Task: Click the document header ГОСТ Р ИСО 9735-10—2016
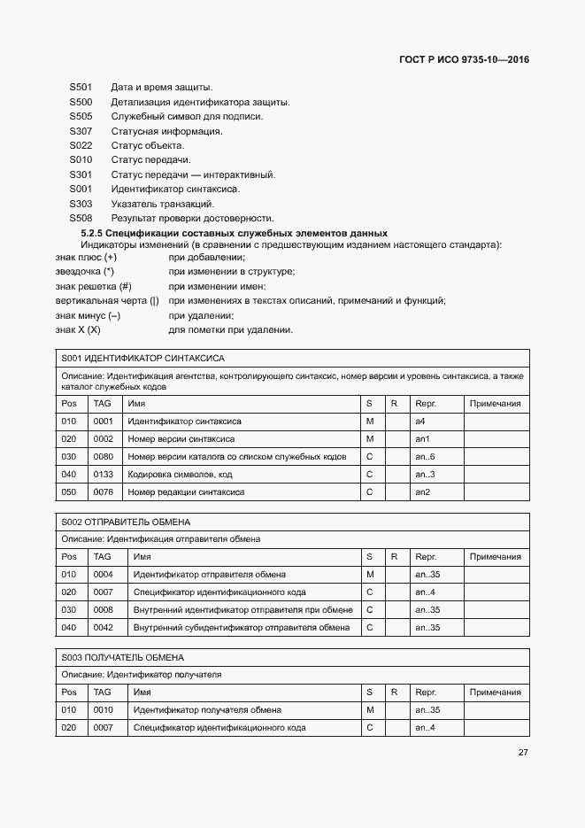click(x=465, y=61)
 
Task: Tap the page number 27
click(x=523, y=753)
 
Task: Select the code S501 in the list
click(x=81, y=88)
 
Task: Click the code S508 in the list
click(x=81, y=218)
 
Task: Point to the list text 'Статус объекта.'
click(x=147, y=145)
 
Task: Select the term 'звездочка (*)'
click(x=85, y=272)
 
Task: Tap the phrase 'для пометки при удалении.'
click(x=230, y=329)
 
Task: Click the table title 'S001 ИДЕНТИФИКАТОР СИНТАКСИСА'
click(x=143, y=359)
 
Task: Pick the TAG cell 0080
click(x=104, y=456)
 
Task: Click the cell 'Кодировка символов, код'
click(x=181, y=474)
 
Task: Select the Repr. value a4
click(x=421, y=422)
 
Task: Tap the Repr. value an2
click(x=423, y=491)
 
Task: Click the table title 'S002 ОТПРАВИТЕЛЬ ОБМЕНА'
click(x=127, y=522)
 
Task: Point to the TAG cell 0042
click(x=104, y=627)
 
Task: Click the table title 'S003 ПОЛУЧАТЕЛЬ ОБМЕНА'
click(x=123, y=657)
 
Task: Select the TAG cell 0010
click(x=104, y=710)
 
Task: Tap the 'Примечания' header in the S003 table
click(x=495, y=693)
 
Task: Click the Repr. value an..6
click(x=426, y=456)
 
